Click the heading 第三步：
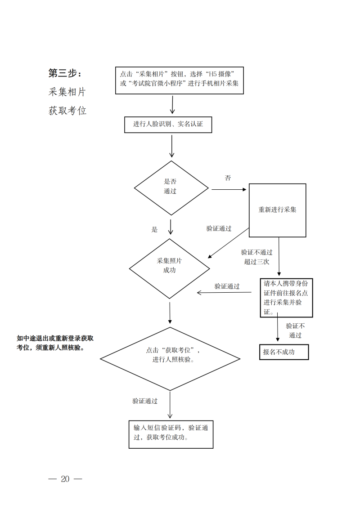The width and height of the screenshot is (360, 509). [x=65, y=73]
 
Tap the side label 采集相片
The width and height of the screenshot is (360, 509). [x=67, y=92]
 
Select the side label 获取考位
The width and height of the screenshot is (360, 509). [x=67, y=111]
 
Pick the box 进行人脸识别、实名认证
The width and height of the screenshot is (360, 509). [x=168, y=125]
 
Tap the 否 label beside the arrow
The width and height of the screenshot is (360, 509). [x=228, y=178]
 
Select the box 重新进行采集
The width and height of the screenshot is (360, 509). [x=277, y=210]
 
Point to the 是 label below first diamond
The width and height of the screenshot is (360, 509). [x=154, y=230]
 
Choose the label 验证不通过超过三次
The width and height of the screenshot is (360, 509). [x=256, y=257]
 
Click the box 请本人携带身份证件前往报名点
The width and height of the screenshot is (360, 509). [x=286, y=298]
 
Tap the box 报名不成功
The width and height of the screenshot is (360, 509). [x=284, y=352]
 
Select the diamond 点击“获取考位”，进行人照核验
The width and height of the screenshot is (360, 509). [x=170, y=358]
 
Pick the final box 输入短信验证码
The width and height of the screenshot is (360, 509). [x=171, y=434]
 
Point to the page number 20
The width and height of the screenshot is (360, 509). [x=65, y=479]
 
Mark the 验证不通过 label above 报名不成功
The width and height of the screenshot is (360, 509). [x=295, y=330]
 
